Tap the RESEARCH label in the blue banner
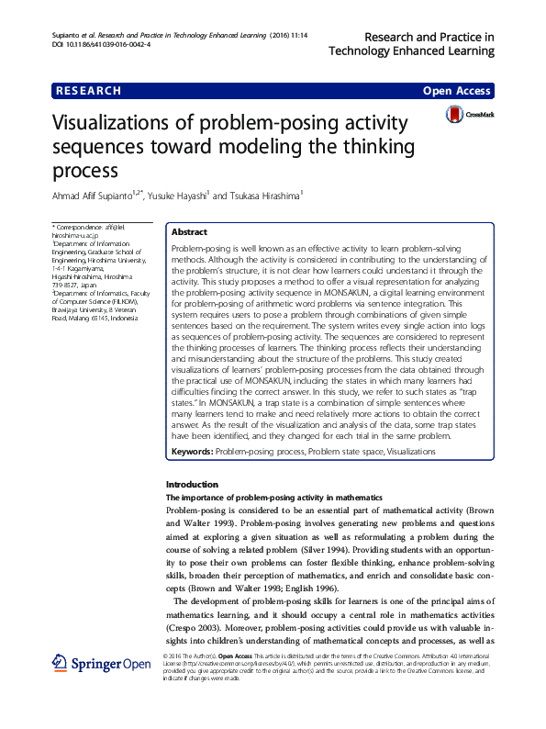pos(88,91)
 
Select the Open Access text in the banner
pos(456,92)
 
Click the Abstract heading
pos(189,233)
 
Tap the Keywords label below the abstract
pos(192,452)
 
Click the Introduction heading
pos(191,484)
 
